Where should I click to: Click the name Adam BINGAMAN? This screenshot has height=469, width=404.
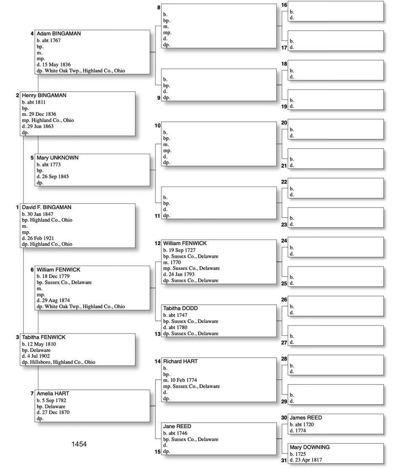coord(58,34)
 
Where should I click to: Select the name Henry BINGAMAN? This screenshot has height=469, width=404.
coord(44,96)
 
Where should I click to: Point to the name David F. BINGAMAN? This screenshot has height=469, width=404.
coord(46,208)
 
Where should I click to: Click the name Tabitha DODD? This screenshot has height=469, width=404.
coord(180,309)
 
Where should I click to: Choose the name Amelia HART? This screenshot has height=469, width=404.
coord(53,394)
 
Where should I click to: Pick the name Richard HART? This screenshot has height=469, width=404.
coord(180,362)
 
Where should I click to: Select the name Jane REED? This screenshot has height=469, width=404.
coord(177,426)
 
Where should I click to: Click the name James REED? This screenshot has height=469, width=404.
coord(306,418)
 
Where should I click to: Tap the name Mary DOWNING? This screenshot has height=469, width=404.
coord(309,447)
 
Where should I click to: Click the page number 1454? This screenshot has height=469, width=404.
coord(79,444)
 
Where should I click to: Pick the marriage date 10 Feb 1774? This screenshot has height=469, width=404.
coord(185,380)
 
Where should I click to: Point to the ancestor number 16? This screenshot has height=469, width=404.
coord(284,5)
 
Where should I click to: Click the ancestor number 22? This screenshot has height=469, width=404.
coord(284,182)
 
